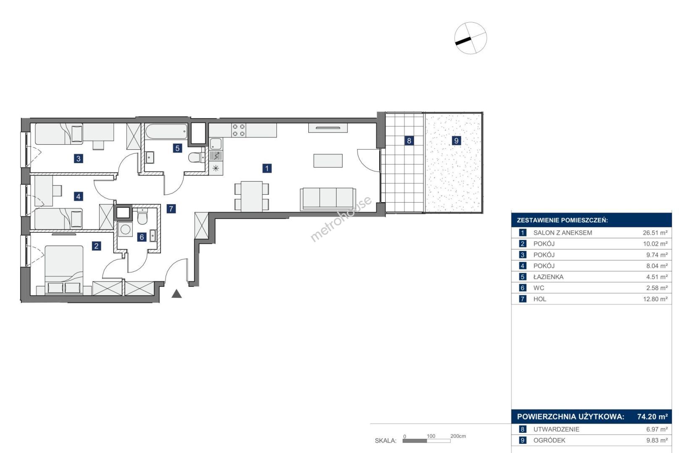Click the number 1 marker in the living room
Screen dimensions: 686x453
tap(267, 168)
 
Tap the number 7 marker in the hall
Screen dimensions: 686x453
tap(171, 209)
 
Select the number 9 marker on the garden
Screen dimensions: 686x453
tap(456, 141)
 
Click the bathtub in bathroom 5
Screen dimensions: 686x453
tap(166, 132)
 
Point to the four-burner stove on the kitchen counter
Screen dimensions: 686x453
tap(239, 130)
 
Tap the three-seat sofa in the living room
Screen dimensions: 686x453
tap(328, 199)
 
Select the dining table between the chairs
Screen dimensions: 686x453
tap(252, 196)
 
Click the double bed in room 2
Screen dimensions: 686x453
tap(64, 270)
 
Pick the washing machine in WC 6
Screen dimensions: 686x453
tap(125, 229)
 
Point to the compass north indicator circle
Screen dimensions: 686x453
tap(470, 38)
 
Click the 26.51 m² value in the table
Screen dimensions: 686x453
tap(655, 233)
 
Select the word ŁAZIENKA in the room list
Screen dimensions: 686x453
tap(548, 277)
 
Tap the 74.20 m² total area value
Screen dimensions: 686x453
tap(652, 417)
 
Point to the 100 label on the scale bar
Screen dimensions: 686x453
tap(431, 436)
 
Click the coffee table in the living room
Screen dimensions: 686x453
tap(328, 161)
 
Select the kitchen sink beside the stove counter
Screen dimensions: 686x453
tap(216, 144)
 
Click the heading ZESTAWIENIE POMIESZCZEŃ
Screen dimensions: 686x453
tap(562, 220)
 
